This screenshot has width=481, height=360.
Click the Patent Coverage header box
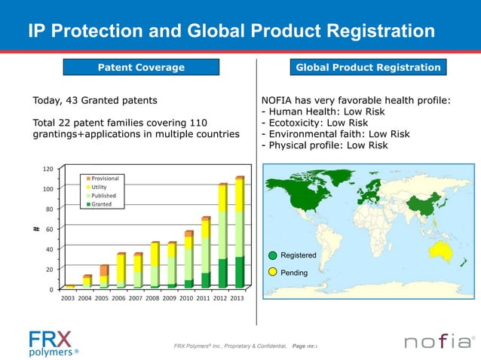[141, 68]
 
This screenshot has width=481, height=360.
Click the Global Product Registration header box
[368, 68]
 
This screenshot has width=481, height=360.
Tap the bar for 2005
[104, 276]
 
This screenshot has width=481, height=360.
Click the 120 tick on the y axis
[47, 169]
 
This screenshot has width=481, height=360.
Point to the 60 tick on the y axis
[49, 229]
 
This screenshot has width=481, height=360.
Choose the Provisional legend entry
[104, 178]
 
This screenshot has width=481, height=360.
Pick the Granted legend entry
[101, 204]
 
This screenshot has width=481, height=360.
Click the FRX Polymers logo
[53, 343]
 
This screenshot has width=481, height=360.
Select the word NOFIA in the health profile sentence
[278, 99]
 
